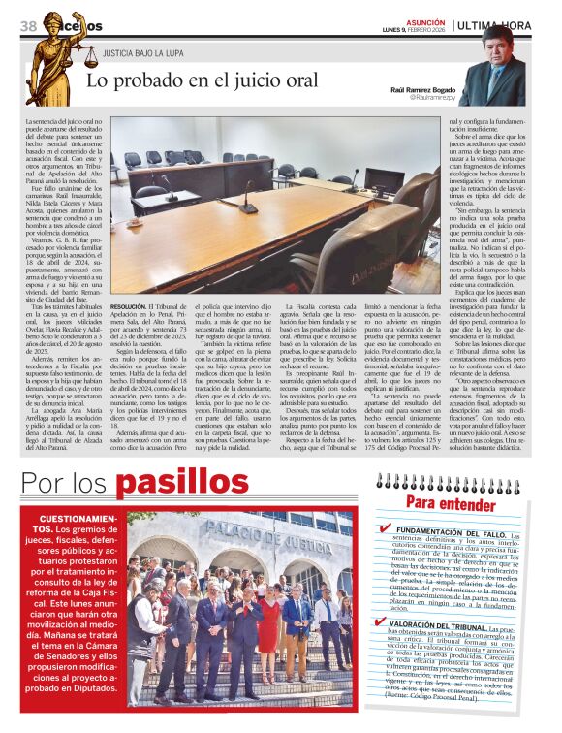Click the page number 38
[x=27, y=24]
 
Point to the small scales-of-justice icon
[x=91, y=57]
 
